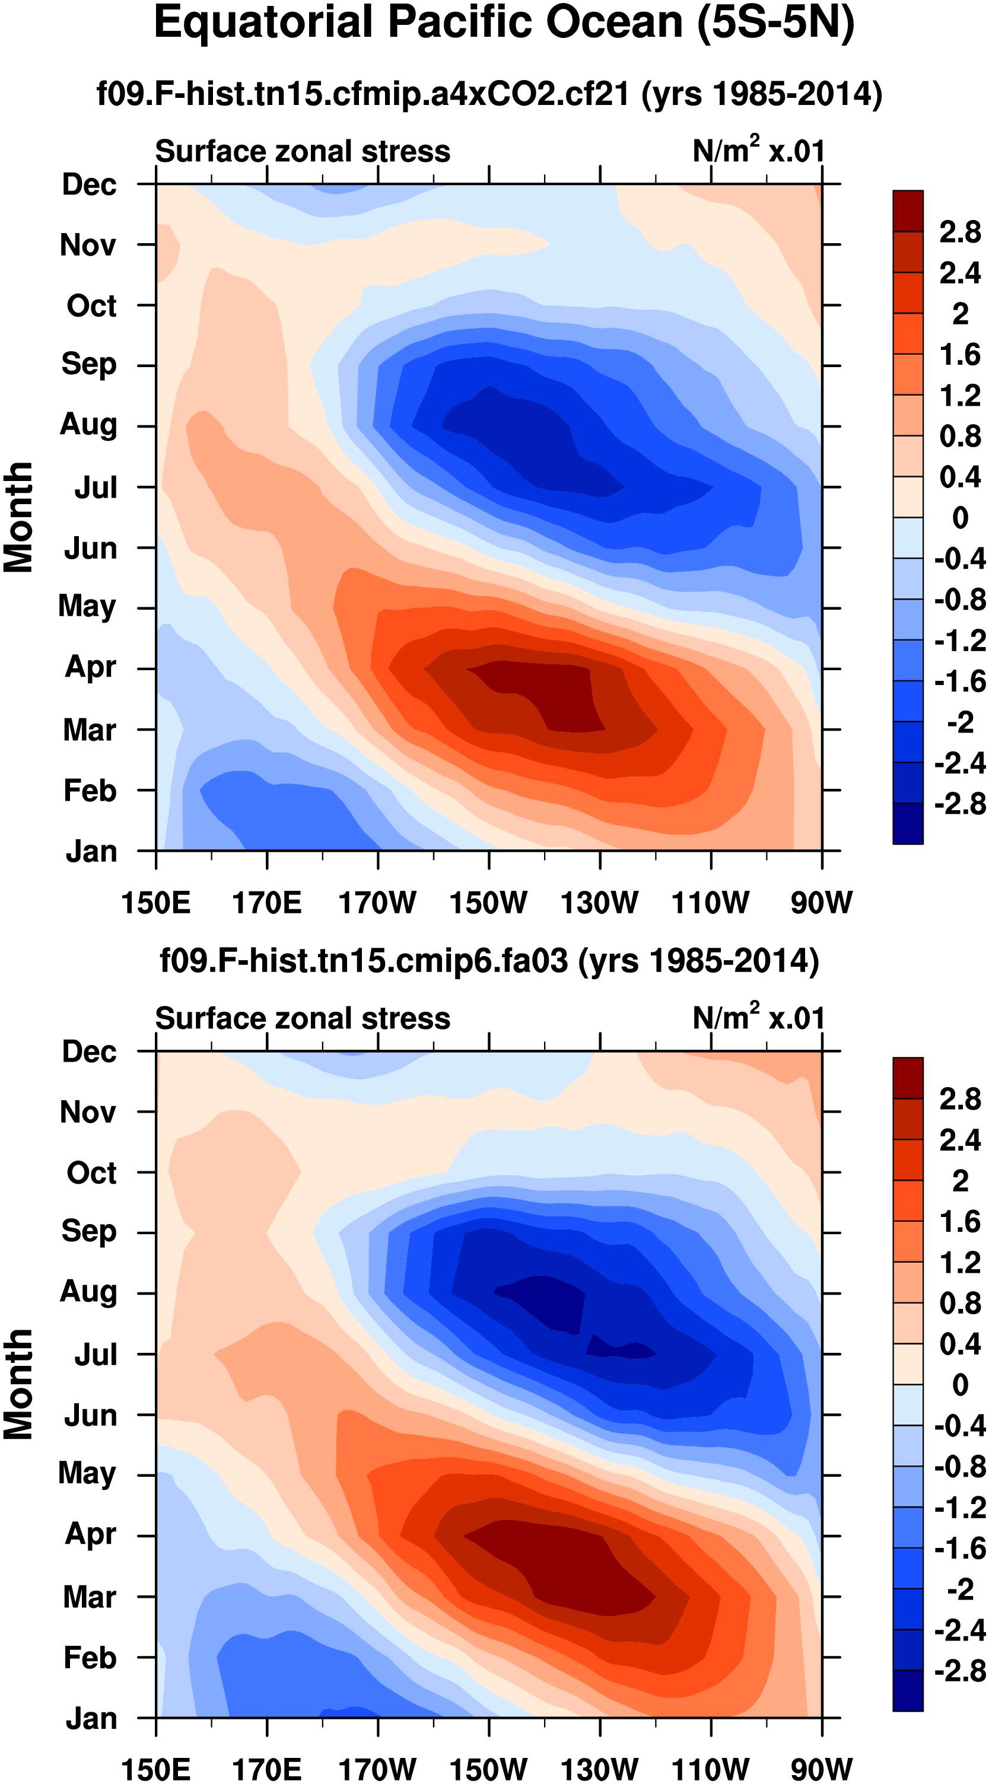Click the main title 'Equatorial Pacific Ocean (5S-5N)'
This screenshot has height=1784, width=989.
coord(504,23)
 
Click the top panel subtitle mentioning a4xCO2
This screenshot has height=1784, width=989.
coord(489,94)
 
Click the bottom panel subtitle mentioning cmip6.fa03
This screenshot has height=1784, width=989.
coord(489,961)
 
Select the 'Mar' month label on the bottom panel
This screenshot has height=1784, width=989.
coord(90,1597)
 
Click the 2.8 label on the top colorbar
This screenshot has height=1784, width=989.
coord(960,232)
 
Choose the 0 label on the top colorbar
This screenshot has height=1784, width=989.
coord(960,517)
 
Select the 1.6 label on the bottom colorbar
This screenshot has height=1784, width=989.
coord(960,1222)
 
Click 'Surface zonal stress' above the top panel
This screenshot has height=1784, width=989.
coord(303,151)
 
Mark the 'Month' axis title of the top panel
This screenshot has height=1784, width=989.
coord(19,517)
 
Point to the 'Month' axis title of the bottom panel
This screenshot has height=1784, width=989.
coord(19,1385)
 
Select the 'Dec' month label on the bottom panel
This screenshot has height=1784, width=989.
coord(90,1052)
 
